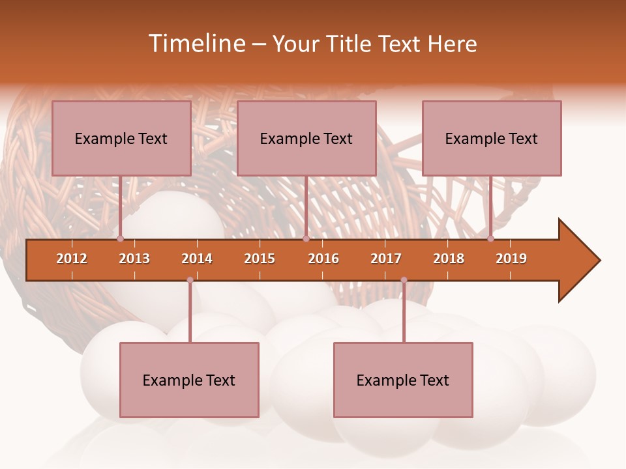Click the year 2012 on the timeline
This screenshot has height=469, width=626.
72,259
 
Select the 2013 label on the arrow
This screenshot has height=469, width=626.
134,259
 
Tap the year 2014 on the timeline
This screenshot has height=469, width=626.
197,259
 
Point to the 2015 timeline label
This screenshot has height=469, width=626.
260,259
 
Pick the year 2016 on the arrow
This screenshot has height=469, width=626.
323,259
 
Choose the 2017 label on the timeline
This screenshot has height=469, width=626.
386,259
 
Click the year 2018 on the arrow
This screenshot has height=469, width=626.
449,259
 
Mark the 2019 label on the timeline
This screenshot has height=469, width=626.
511,259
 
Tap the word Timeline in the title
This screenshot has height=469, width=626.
196,44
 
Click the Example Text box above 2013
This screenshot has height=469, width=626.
121,138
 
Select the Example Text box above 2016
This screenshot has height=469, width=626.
306,138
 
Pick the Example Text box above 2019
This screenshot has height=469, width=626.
492,138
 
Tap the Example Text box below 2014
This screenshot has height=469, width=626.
189,380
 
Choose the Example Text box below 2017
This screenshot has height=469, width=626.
403,380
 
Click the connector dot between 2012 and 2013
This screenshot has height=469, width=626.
121,239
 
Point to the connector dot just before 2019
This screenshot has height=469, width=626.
490,239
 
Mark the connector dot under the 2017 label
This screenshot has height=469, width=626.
404,280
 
